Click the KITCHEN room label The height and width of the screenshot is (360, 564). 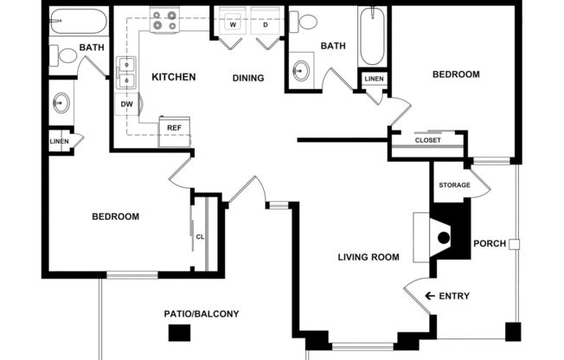[174, 77]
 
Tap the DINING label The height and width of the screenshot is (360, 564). [248, 79]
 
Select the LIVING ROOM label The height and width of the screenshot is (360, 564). [368, 257]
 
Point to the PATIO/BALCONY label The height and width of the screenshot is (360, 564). [202, 314]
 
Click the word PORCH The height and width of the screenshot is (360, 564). [490, 243]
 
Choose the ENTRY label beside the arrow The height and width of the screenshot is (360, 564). [454, 297]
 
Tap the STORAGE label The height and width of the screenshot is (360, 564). [454, 185]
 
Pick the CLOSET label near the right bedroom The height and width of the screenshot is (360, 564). [427, 140]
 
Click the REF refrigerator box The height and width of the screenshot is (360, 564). [174, 128]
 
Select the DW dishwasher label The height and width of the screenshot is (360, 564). [126, 104]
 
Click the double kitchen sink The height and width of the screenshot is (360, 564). [127, 72]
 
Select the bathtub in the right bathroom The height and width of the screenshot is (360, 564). [372, 37]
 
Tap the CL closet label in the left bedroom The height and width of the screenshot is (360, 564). [200, 236]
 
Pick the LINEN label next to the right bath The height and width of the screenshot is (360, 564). [374, 80]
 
